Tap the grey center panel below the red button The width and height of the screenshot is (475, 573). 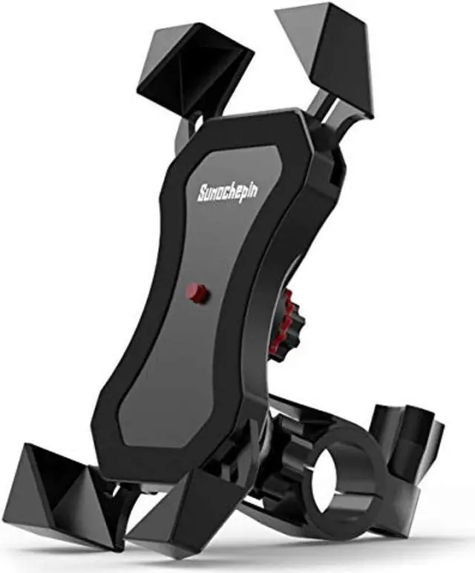click(186, 371)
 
